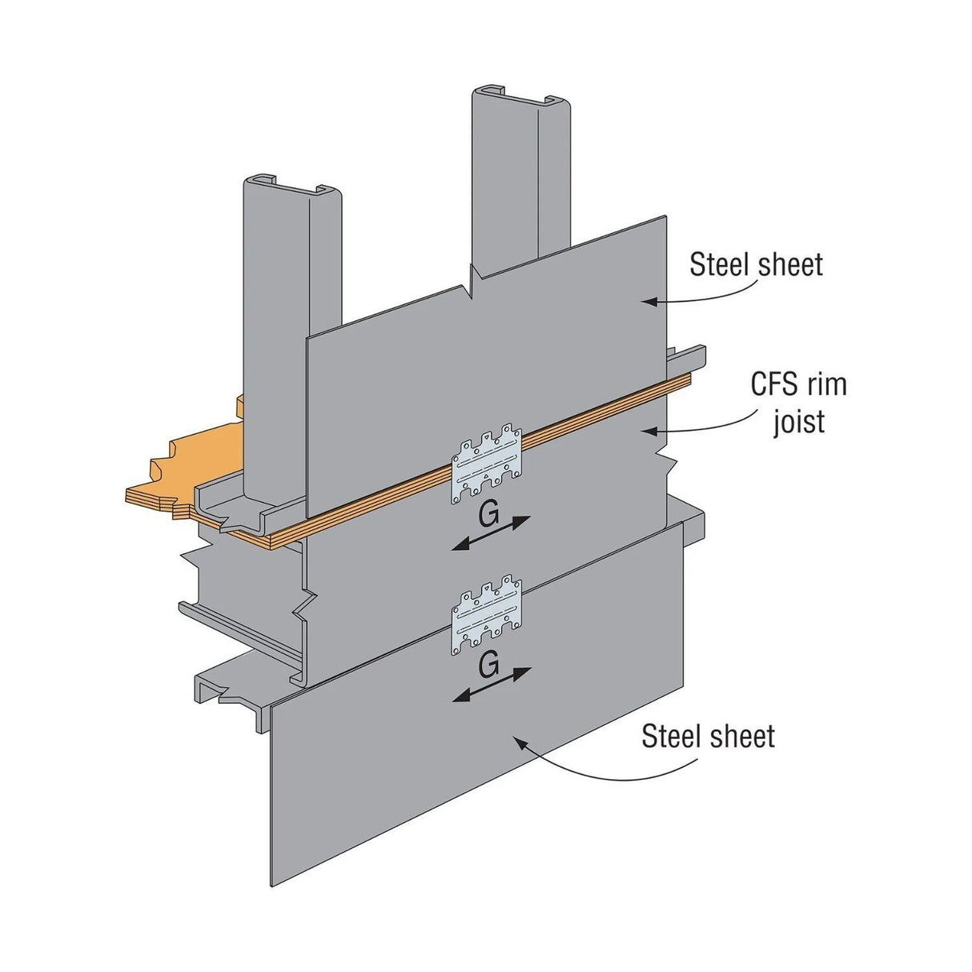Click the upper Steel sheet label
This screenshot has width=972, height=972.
click(756, 264)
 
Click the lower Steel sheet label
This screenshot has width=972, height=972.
click(708, 737)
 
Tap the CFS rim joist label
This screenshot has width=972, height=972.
click(798, 403)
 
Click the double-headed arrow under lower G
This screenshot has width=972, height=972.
click(491, 685)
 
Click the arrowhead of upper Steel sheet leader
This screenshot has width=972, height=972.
click(647, 302)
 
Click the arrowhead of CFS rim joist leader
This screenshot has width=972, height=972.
click(647, 431)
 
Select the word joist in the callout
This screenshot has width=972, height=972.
click(798, 421)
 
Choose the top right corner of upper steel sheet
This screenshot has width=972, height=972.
click(665, 217)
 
